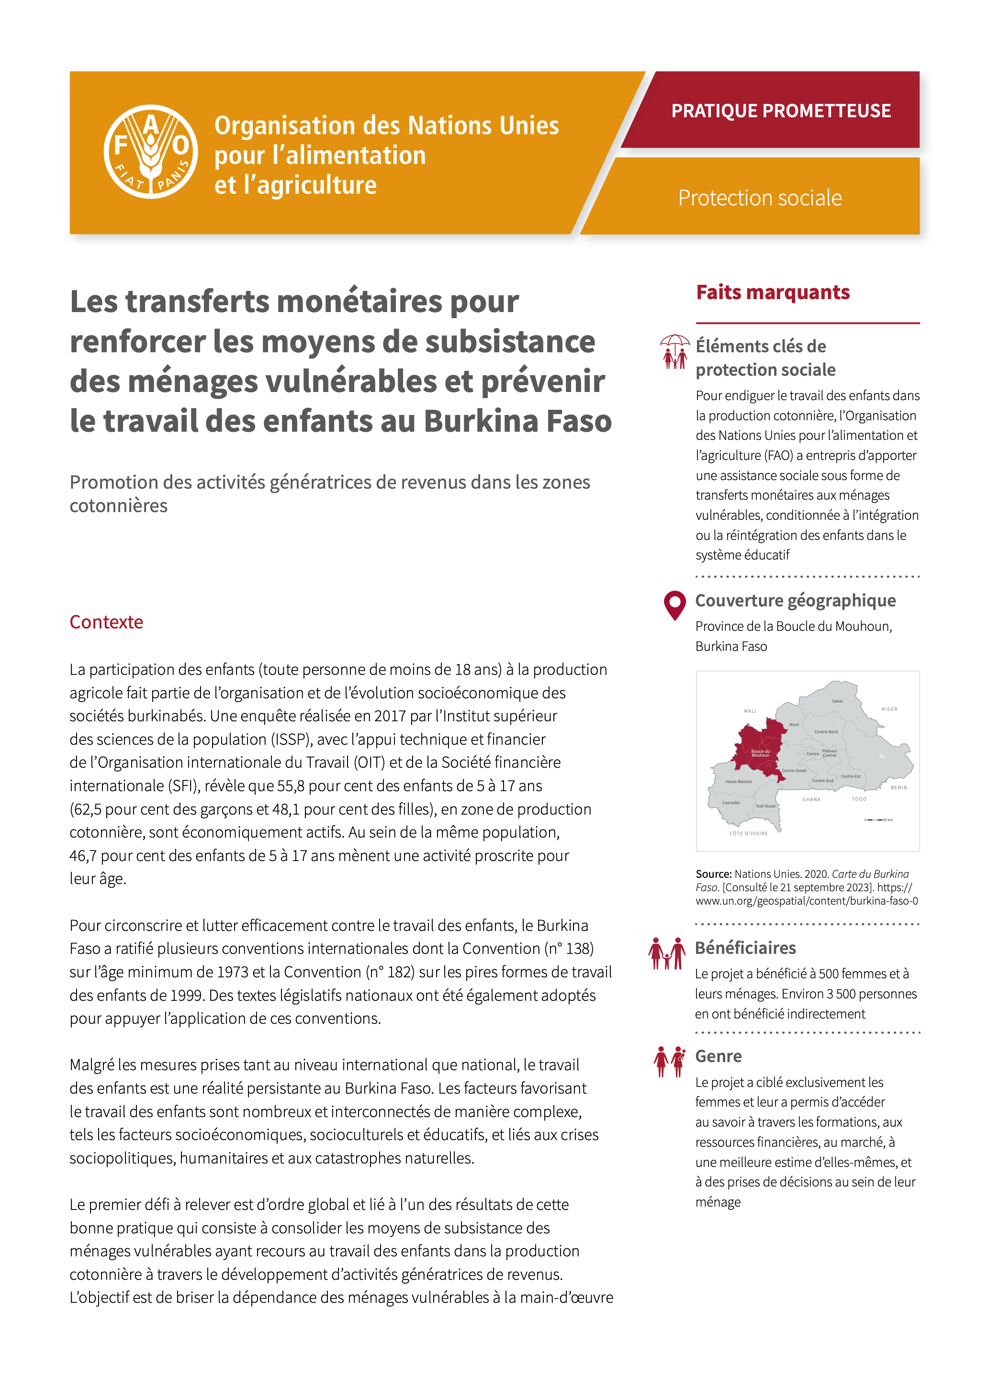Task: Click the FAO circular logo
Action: pyautogui.click(x=150, y=152)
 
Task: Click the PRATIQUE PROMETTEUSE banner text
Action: pyautogui.click(x=781, y=111)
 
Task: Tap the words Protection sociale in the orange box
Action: pyautogui.click(x=759, y=198)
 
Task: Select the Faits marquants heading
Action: pyautogui.click(x=772, y=292)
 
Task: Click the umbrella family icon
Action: pyautogui.click(x=674, y=352)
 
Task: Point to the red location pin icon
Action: pyautogui.click(x=674, y=605)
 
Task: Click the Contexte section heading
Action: pyautogui.click(x=106, y=622)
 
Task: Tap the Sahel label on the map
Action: pyautogui.click(x=837, y=701)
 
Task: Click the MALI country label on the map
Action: pyautogui.click(x=750, y=711)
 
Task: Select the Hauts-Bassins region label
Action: pyautogui.click(x=739, y=781)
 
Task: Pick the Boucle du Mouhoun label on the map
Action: pyautogui.click(x=761, y=753)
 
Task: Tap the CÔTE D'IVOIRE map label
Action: pyautogui.click(x=748, y=834)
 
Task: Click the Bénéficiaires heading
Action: pyautogui.click(x=745, y=948)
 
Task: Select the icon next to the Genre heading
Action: pyautogui.click(x=669, y=1062)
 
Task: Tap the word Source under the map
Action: pyautogui.click(x=713, y=874)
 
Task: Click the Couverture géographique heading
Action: pyautogui.click(x=795, y=601)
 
